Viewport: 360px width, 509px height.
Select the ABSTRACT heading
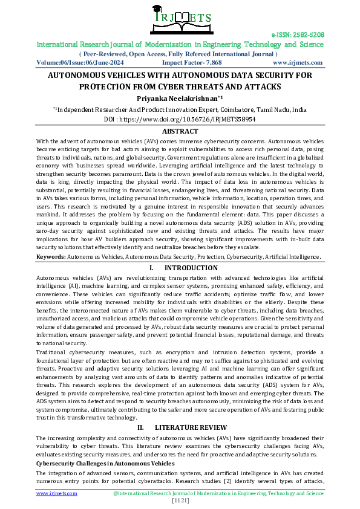point(180,131)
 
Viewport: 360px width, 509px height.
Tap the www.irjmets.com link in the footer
point(57,493)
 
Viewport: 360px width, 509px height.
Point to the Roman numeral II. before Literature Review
point(140,427)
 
